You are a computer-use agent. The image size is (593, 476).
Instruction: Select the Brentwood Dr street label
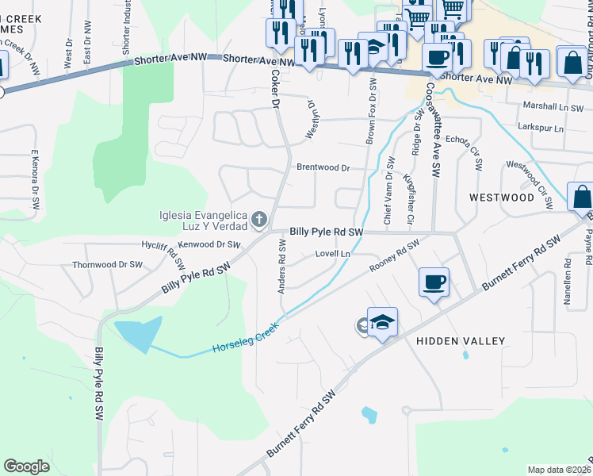click(x=323, y=168)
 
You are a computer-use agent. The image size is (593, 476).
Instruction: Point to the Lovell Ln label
click(x=333, y=254)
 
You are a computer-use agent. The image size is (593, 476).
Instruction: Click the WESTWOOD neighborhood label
click(x=502, y=197)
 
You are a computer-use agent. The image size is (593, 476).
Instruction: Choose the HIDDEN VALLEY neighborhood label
click(x=460, y=341)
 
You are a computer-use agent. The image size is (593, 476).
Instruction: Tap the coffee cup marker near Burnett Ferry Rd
click(x=434, y=282)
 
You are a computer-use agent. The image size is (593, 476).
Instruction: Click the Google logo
click(x=26, y=466)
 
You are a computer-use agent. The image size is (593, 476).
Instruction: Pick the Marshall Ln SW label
click(x=553, y=106)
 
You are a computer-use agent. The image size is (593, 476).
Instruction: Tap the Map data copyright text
click(x=560, y=470)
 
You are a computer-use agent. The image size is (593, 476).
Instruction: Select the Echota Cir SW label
click(x=465, y=152)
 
